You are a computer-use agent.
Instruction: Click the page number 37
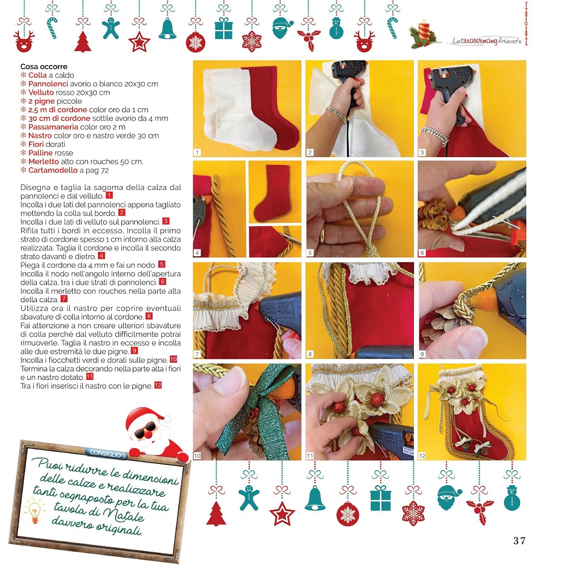[519, 540]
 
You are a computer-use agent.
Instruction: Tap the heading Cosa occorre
[44, 66]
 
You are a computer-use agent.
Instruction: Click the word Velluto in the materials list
[41, 92]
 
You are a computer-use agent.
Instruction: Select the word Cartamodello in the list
[53, 170]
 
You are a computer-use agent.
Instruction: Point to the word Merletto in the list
[44, 162]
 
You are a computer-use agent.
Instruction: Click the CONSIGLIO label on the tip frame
[105, 453]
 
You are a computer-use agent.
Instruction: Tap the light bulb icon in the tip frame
[35, 511]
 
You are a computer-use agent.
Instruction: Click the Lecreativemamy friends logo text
[486, 40]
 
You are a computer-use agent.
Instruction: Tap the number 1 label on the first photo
[197, 153]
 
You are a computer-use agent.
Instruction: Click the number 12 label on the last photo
[422, 456]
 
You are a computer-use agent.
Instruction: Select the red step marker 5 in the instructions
[162, 264]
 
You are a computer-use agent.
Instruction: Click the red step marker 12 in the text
[158, 386]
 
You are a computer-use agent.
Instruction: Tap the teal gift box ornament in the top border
[223, 28]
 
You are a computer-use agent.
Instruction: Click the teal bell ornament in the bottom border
[315, 498]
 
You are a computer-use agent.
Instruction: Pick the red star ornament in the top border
[139, 42]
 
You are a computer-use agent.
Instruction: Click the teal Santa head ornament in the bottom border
[449, 497]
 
